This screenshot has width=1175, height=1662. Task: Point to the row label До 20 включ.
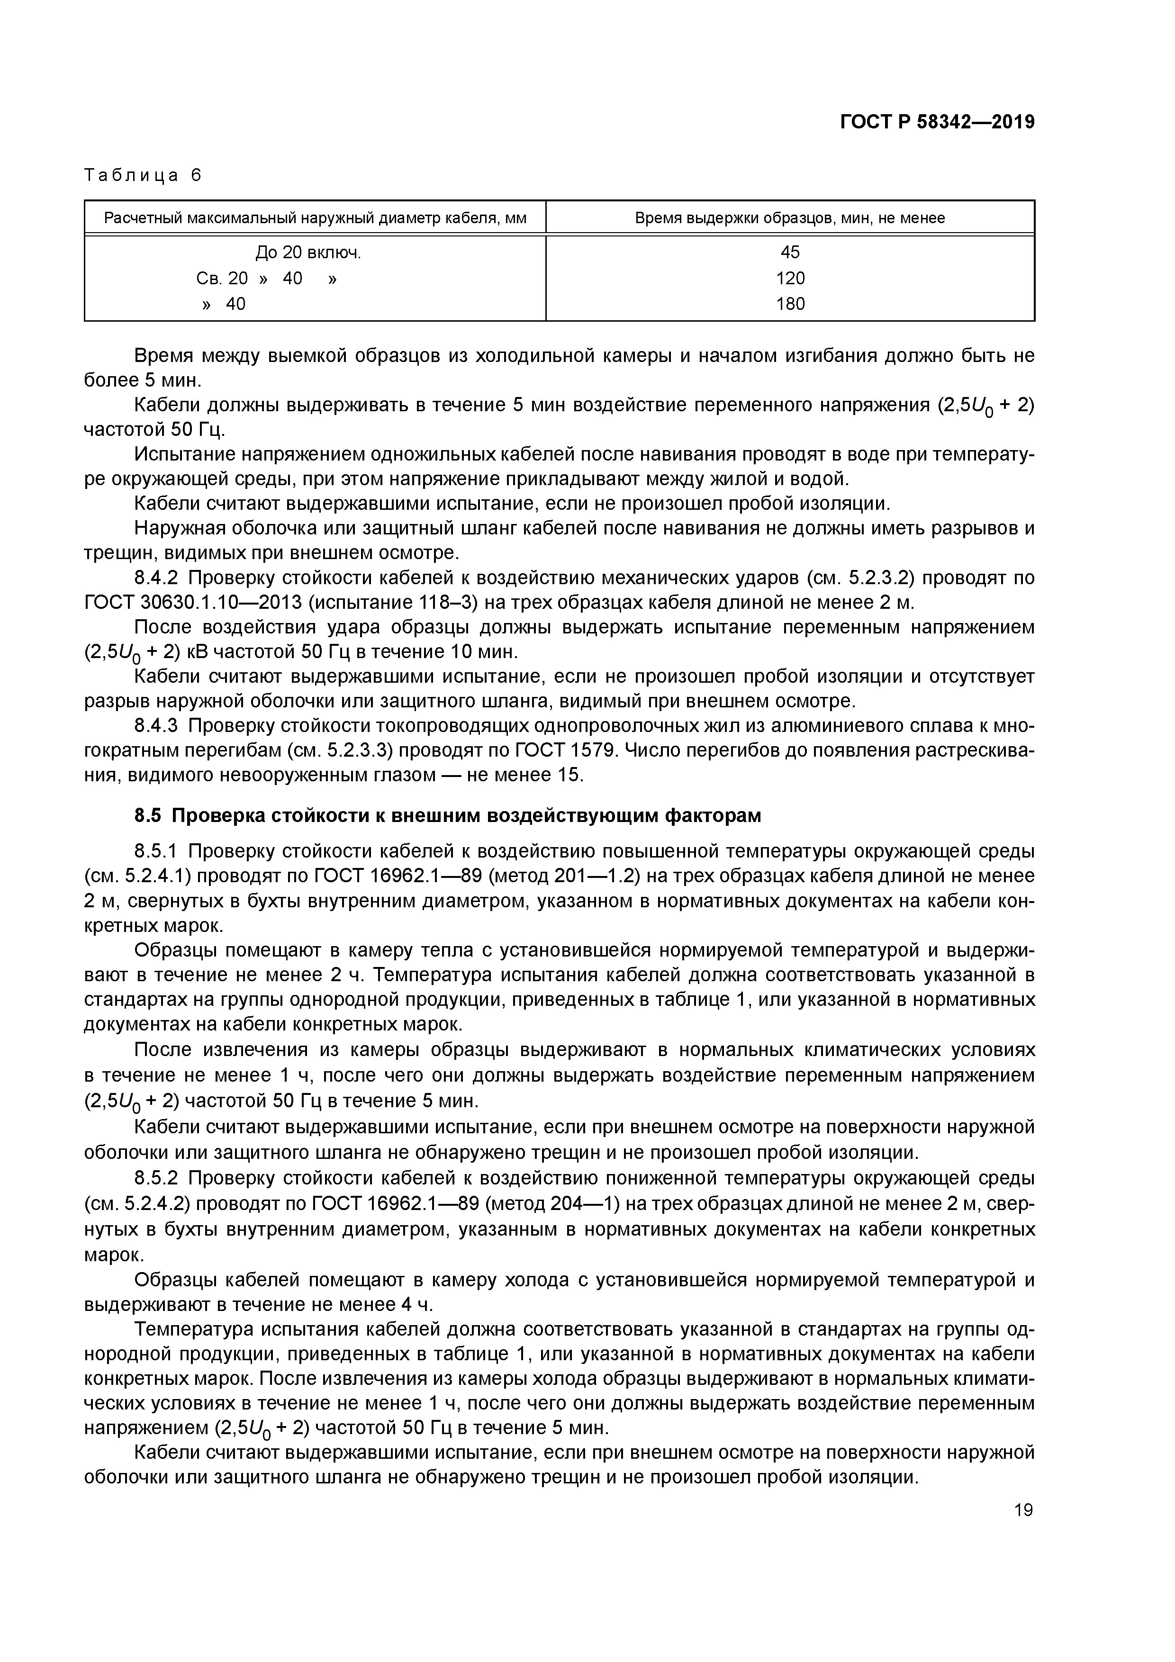point(307,253)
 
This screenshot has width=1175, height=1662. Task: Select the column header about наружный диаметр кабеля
point(315,218)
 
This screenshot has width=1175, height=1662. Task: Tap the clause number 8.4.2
point(161,578)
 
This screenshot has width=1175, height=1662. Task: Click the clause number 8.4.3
point(161,725)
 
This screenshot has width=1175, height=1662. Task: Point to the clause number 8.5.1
point(161,851)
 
